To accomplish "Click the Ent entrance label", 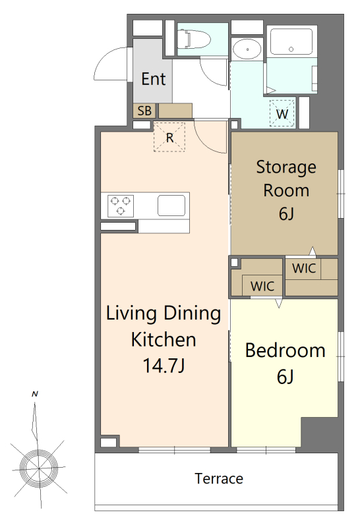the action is click(x=154, y=79).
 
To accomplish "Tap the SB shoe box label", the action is click(x=144, y=111).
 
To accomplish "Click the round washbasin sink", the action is click(x=247, y=49).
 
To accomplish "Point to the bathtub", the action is click(x=291, y=41).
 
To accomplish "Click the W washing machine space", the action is click(x=282, y=113).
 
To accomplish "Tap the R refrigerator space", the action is click(x=169, y=137).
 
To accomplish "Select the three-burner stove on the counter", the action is click(x=121, y=206).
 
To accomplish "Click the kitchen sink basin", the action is click(x=171, y=206).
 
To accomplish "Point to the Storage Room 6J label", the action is click(x=286, y=190).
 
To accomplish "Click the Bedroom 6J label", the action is click(x=285, y=363).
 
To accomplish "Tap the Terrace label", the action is click(x=219, y=478).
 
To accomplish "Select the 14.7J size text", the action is click(x=164, y=366).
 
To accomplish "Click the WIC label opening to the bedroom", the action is click(x=262, y=286).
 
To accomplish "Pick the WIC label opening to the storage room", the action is click(x=304, y=268).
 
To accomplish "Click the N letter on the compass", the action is click(x=35, y=394).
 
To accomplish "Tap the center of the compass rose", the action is click(x=39, y=468).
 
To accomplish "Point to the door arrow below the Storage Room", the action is click(x=313, y=252).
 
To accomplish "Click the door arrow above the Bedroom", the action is click(x=279, y=303).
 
